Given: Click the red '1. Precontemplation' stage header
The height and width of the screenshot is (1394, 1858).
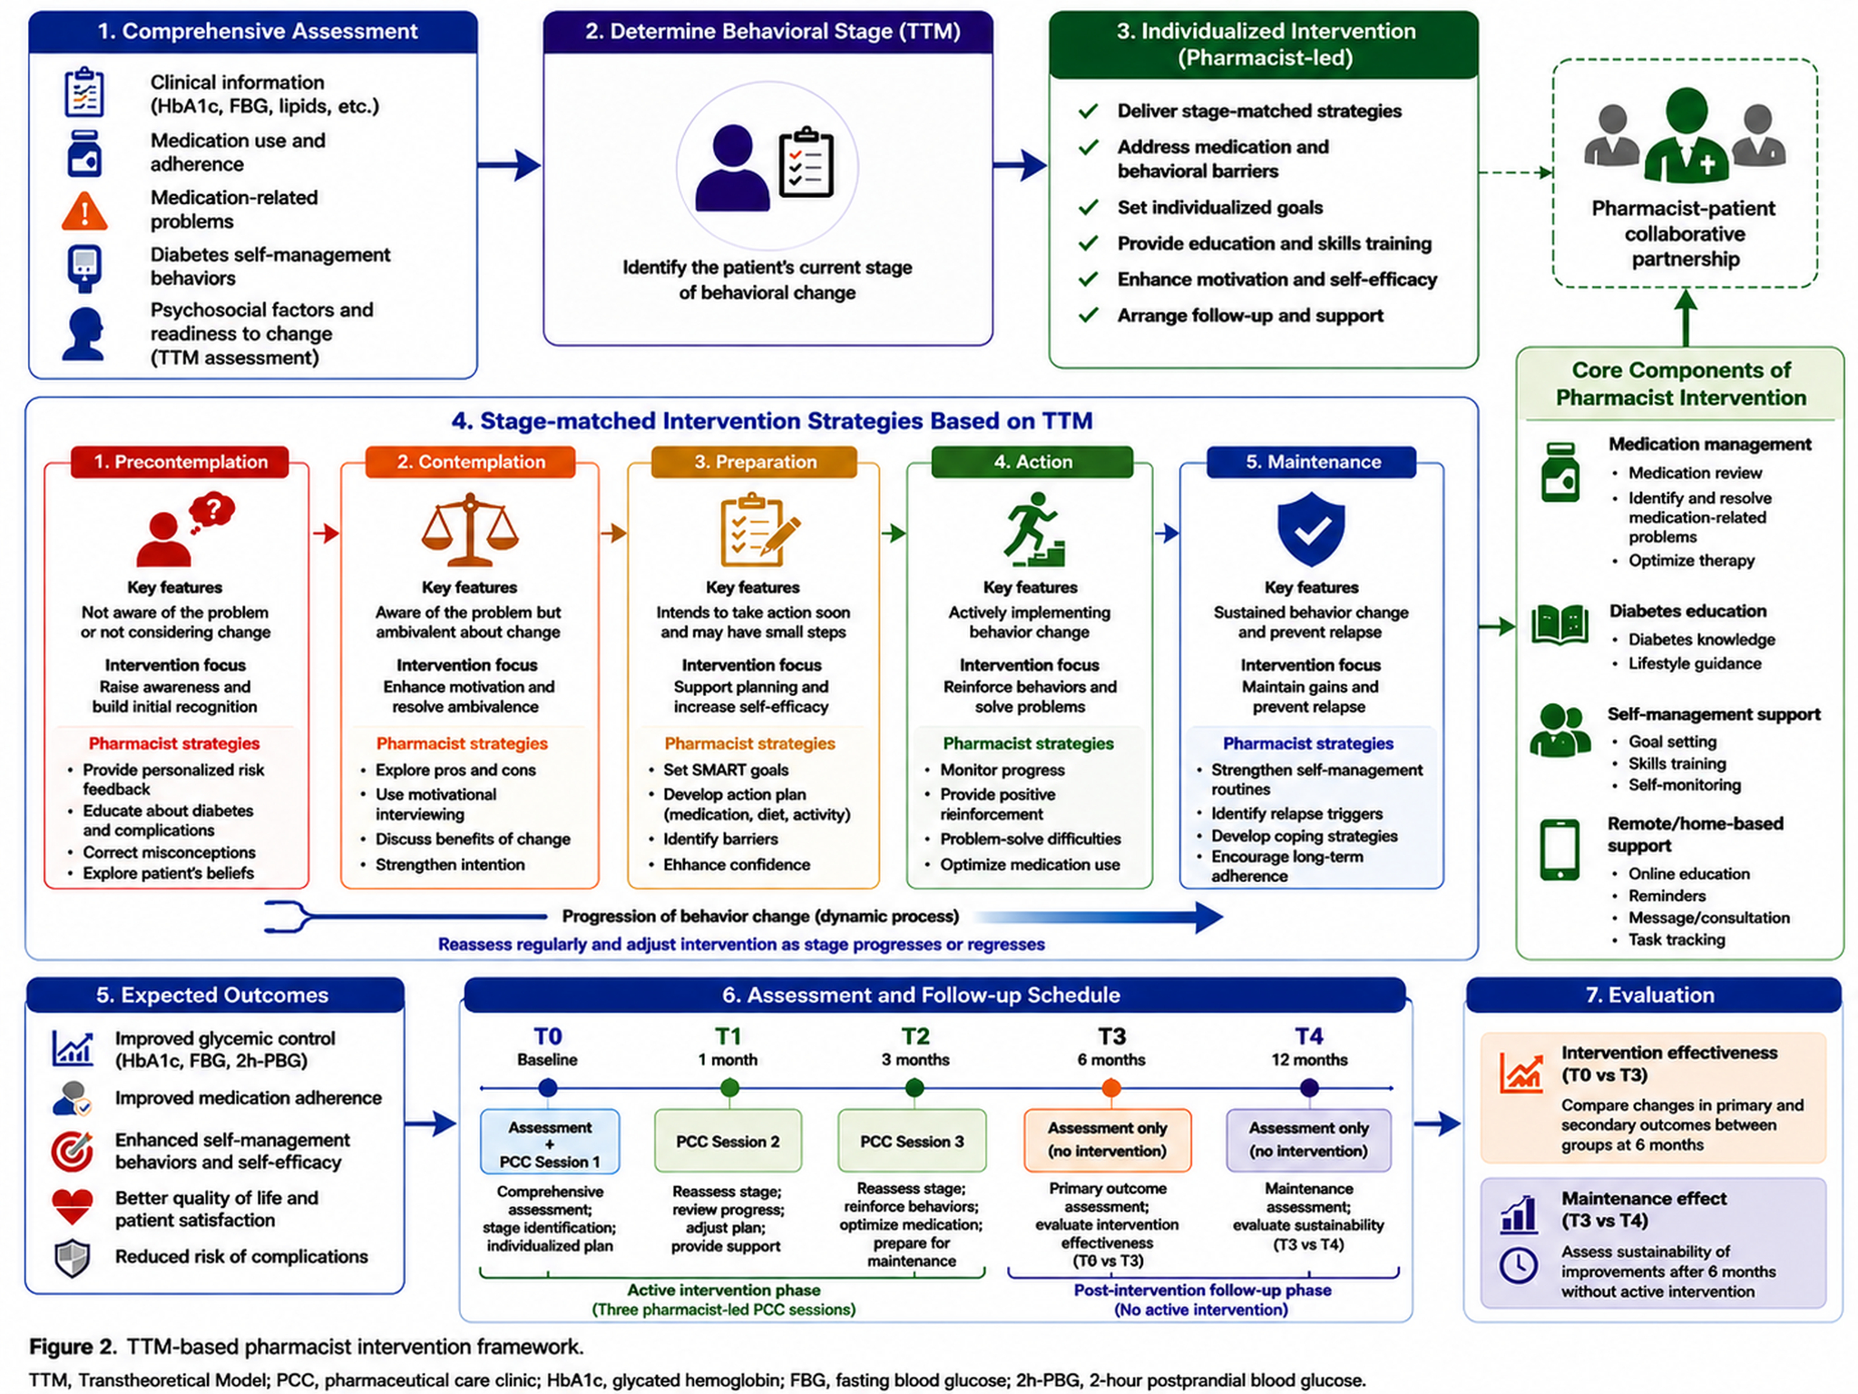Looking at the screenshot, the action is point(181,462).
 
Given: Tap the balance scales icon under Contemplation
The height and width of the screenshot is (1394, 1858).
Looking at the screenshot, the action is point(469,530).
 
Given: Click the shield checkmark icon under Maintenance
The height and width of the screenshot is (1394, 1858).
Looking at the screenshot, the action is point(1311,529).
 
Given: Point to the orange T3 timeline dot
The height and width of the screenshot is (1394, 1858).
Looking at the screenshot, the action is point(1110,1087).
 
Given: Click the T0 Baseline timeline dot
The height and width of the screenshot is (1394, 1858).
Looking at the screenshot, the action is point(547,1087).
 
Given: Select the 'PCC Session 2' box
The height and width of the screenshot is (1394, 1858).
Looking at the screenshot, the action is point(728,1141).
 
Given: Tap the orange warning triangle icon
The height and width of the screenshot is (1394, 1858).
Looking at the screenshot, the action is point(84,211).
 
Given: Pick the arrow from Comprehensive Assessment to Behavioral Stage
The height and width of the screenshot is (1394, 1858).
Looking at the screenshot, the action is point(509,165).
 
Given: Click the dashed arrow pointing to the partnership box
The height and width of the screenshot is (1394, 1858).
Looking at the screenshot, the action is point(1515,172).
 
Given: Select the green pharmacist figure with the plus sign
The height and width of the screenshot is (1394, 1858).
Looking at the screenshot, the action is point(1686,135).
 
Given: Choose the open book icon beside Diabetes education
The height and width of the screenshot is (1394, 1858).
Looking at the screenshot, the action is point(1560,625).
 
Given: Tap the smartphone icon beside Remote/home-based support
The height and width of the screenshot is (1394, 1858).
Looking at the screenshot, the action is point(1560,849).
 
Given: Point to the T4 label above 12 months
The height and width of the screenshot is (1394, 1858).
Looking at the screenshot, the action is point(1308,1036).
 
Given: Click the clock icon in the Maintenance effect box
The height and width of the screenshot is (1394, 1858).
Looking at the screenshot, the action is point(1518,1265).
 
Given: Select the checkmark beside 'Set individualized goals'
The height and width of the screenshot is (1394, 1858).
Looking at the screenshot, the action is point(1089,208).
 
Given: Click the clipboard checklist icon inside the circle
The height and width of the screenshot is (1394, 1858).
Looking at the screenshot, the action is point(807,163).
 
